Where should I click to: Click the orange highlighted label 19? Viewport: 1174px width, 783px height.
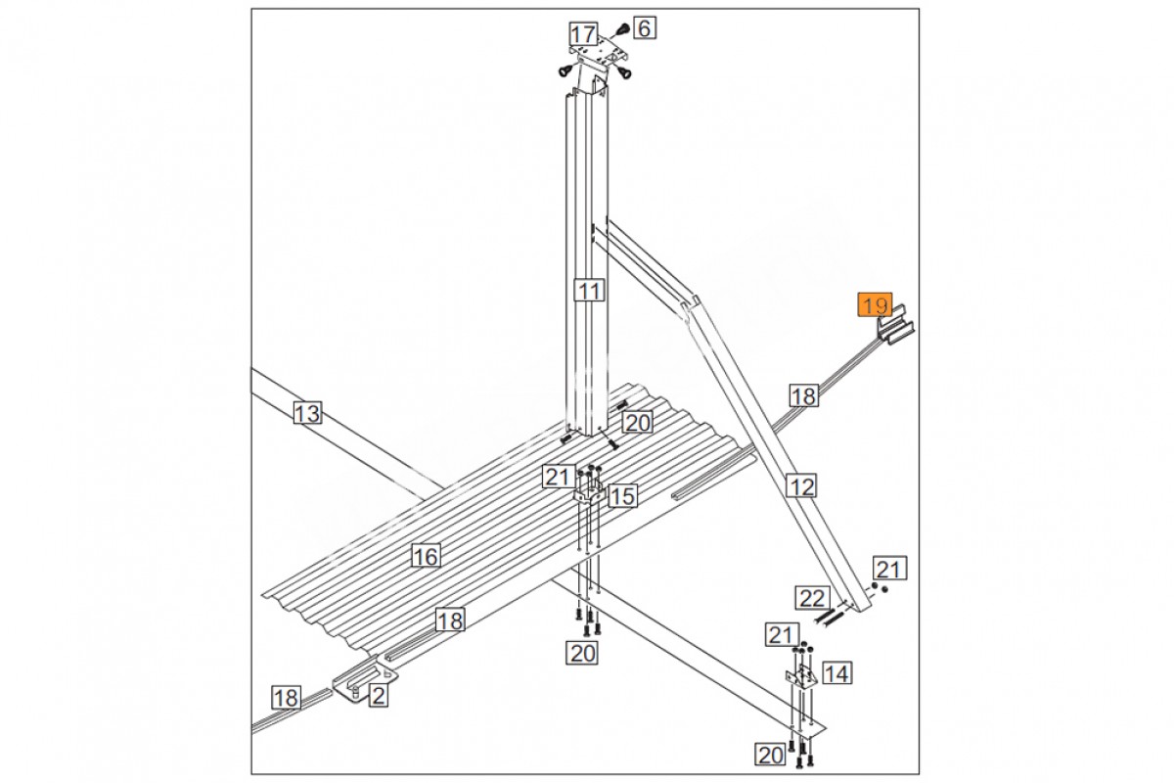pos(875,305)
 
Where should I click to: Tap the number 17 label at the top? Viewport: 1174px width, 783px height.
pos(583,34)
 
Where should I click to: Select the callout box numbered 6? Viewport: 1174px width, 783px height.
pos(645,27)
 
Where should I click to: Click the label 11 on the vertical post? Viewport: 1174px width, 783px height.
pos(589,290)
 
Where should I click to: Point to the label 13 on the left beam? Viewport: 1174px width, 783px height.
pos(307,413)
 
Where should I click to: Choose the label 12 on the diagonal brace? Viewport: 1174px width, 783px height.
pos(802,486)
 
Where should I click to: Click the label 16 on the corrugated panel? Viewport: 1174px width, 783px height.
pos(426,555)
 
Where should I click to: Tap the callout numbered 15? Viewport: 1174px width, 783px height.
pos(622,495)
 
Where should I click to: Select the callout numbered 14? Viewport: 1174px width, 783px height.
pos(837,672)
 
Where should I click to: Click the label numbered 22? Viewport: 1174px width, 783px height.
pos(813,598)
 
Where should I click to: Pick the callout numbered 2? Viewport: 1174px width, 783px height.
pos(379,696)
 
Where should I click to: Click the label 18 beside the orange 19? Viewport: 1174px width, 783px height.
pos(804,396)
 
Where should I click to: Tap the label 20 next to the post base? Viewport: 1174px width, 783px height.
pos(638,422)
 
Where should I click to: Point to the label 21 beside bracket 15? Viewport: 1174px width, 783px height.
pos(557,477)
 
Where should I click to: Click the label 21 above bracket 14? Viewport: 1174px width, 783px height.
pos(782,634)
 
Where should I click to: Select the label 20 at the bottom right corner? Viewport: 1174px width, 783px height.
pos(771,756)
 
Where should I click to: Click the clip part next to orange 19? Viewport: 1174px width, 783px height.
pos(896,324)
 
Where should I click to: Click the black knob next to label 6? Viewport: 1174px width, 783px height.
pos(622,29)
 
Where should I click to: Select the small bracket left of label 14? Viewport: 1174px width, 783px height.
pos(801,676)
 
